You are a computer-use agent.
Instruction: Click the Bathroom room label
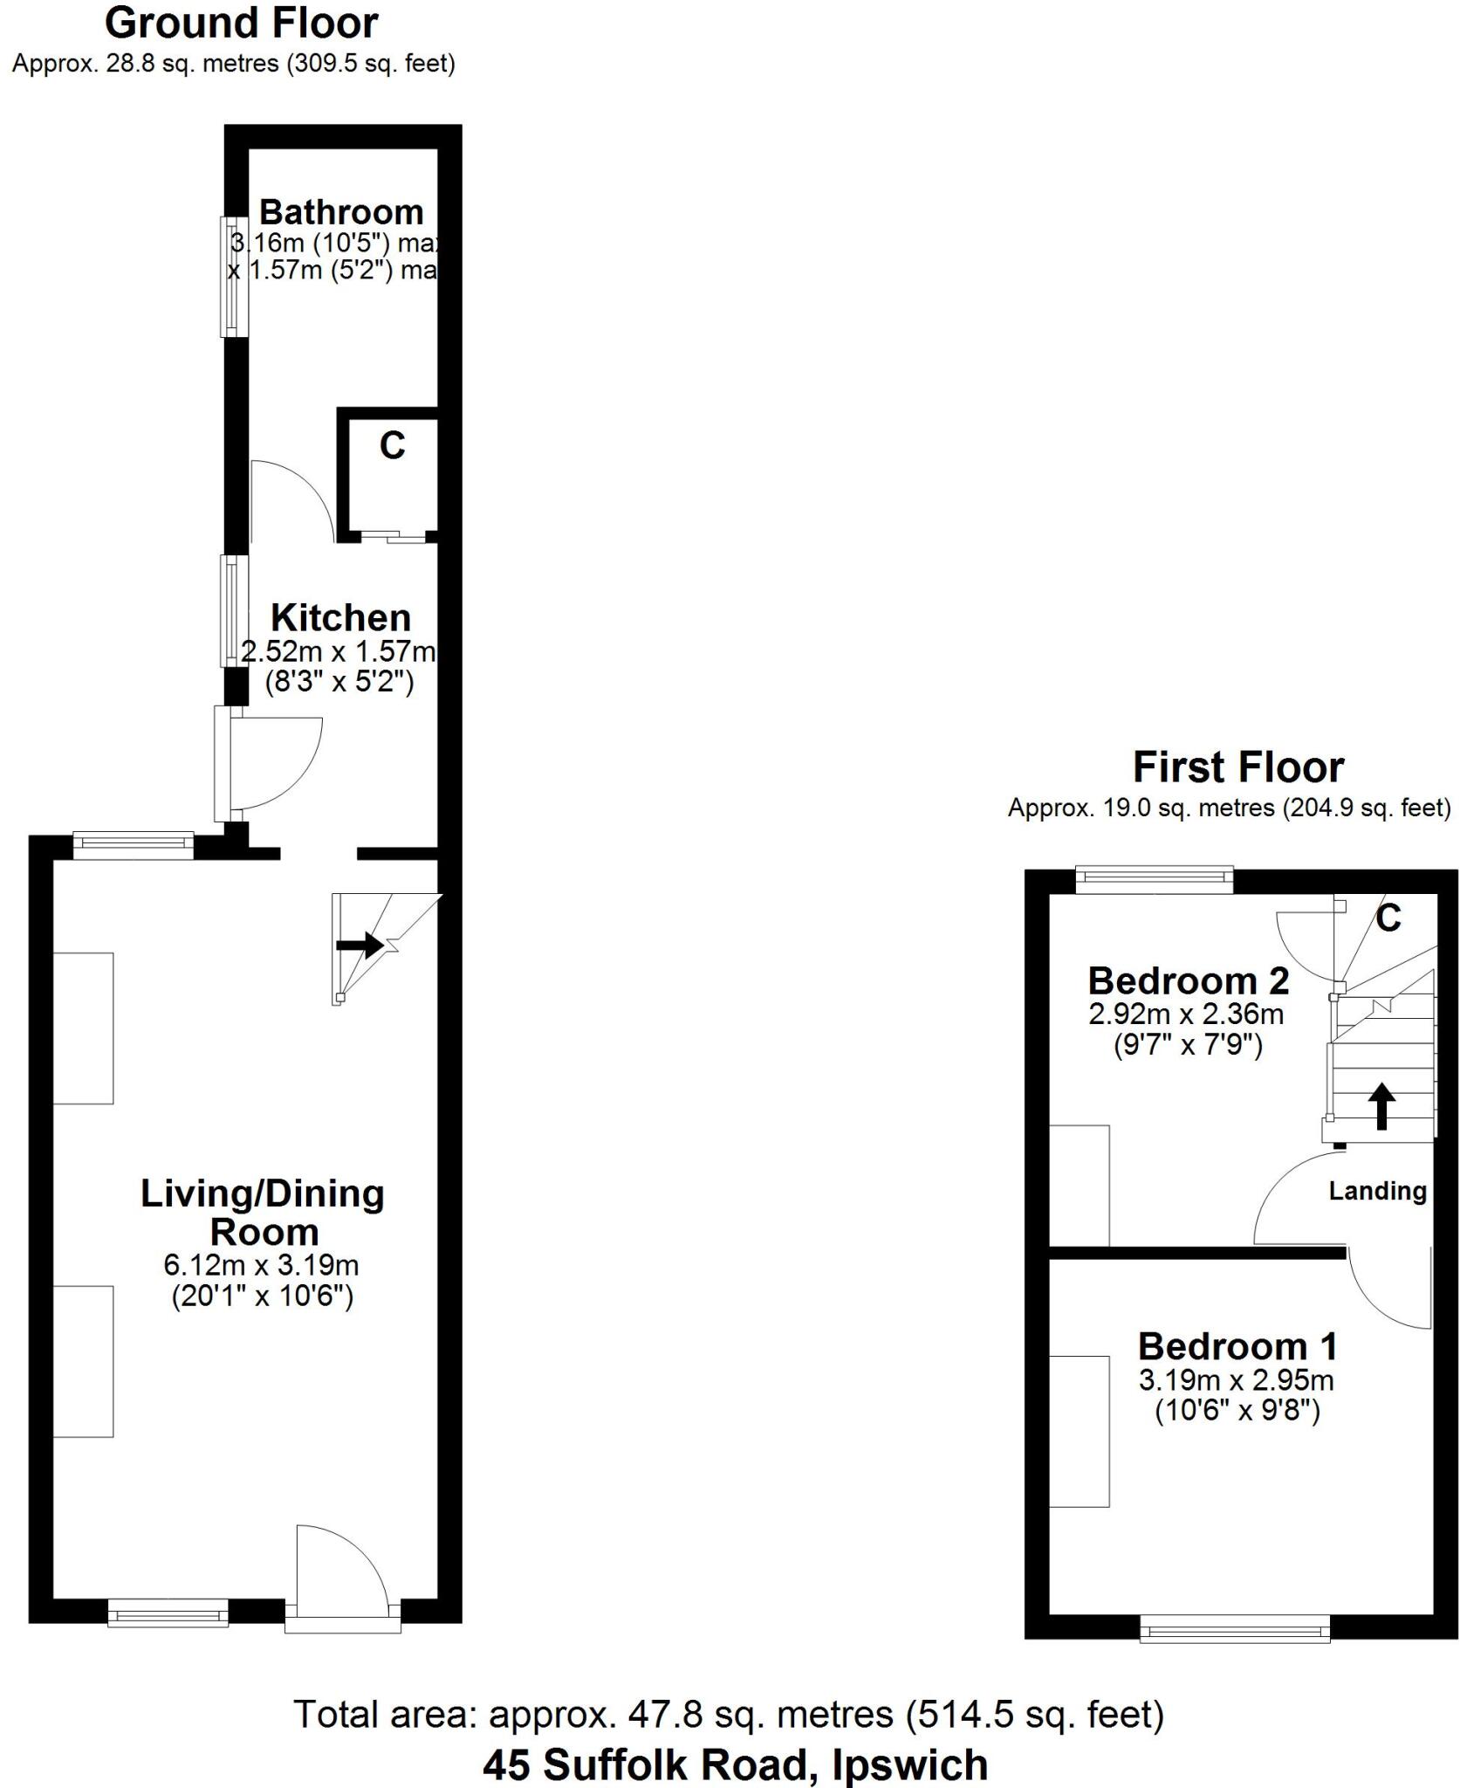coord(341,212)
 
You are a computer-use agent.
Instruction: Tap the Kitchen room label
coord(341,617)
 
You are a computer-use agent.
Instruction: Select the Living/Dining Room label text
coord(263,1212)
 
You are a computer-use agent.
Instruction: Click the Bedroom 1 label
coord(1237,1346)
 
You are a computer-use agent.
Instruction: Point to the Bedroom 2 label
coord(1188,980)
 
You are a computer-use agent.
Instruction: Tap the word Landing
coord(1377,1191)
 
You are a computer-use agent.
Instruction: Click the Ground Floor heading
coord(241,24)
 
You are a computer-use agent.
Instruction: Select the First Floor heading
coord(1237,767)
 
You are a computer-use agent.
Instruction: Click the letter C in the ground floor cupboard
coord(392,446)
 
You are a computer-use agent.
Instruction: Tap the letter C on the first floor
coord(1388,918)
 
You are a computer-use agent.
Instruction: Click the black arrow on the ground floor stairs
coord(360,944)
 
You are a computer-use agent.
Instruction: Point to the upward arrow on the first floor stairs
coord(1381,1105)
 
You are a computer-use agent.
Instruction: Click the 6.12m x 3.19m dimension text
coord(262,1264)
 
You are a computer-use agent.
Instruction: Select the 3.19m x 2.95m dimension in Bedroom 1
coord(1237,1380)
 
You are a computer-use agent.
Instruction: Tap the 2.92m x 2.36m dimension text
coord(1186,1014)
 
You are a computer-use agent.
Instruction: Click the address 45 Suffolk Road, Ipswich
coord(736,1765)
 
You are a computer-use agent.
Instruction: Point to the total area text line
coord(729,1715)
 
